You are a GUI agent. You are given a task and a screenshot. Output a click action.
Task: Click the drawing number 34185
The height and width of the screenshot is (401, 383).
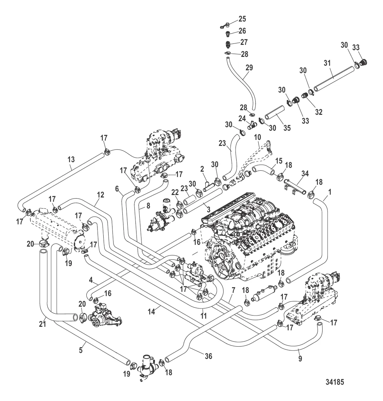(x=333, y=382)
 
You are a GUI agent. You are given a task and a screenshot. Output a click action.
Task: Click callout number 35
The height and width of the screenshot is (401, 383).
(x=287, y=128)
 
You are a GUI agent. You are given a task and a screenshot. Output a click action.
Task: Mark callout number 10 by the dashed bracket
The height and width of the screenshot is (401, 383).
(x=257, y=136)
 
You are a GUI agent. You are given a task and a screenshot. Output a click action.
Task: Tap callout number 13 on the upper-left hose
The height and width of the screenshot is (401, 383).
(x=71, y=160)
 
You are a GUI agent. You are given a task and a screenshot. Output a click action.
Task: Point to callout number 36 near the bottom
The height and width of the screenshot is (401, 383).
(x=209, y=356)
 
